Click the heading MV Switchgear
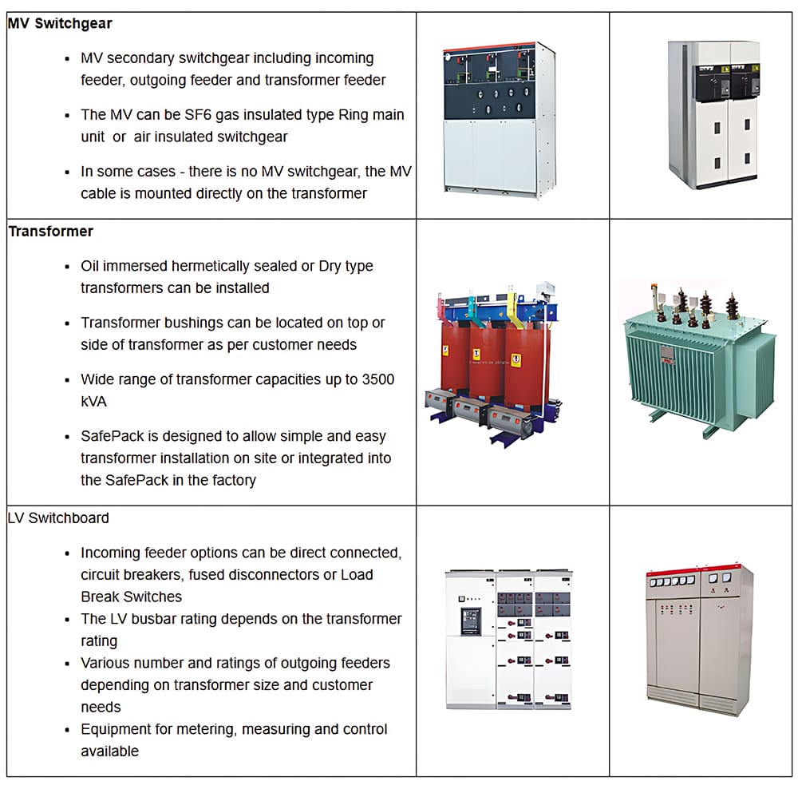click(60, 24)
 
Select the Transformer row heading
click(51, 232)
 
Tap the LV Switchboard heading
click(58, 518)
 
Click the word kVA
click(93, 402)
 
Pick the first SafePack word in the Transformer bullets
click(113, 437)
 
